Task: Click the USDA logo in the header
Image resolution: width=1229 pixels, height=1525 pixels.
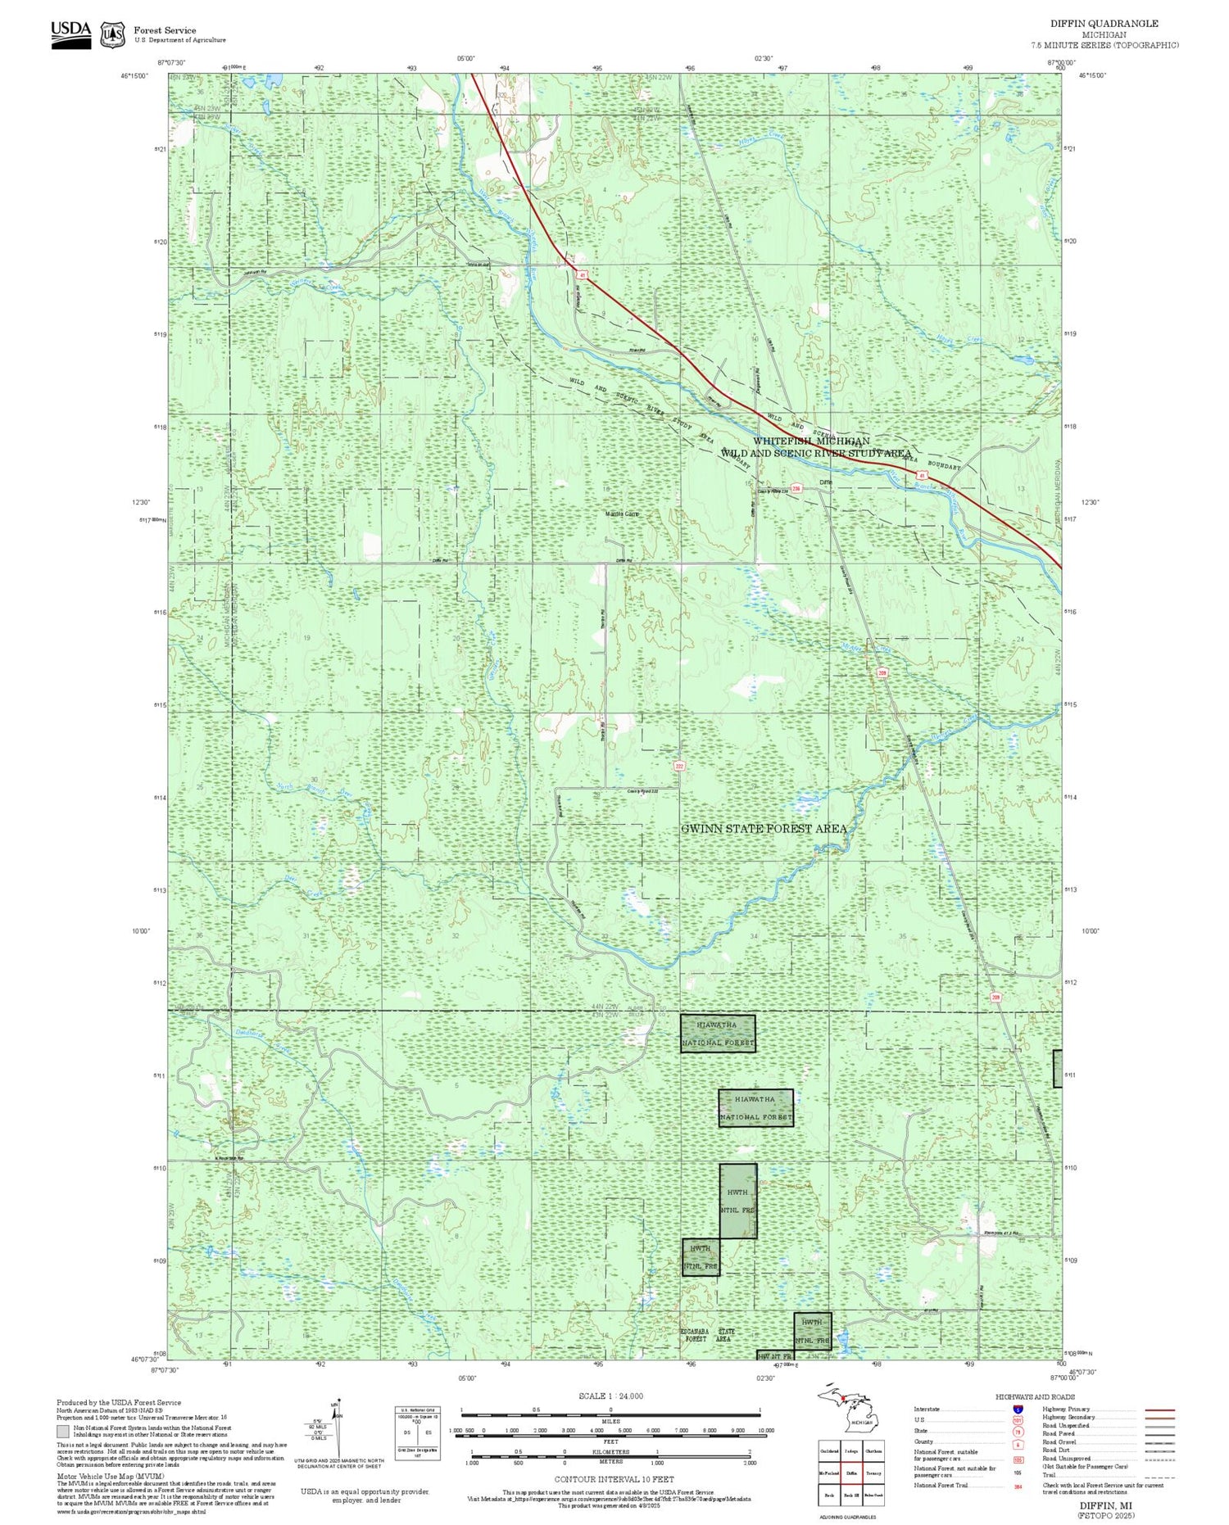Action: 70,34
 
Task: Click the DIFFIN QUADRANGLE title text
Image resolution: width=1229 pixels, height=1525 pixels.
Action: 1104,24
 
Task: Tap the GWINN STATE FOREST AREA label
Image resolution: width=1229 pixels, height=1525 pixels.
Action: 764,829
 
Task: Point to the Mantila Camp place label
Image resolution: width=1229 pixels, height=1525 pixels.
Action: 622,514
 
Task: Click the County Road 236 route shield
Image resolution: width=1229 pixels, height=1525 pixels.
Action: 795,489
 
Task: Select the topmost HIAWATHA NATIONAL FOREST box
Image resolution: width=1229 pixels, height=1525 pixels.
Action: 718,1034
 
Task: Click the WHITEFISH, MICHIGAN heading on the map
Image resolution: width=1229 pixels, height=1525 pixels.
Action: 811,441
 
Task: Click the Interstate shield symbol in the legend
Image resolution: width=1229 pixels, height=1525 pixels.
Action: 1018,1409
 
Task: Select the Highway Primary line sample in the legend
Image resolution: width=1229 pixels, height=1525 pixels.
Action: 1159,1410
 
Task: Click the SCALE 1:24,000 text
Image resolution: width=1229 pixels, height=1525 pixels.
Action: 610,1396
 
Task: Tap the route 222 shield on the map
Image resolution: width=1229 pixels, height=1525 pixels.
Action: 679,767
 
